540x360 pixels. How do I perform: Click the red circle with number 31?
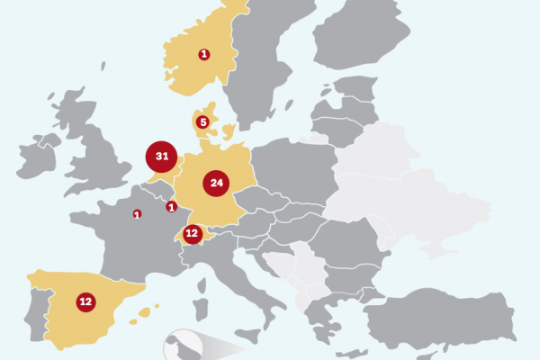(x=162, y=157)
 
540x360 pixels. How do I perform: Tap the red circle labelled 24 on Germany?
(x=216, y=183)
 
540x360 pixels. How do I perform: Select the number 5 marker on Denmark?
(x=203, y=122)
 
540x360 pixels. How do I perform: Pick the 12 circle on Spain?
(x=85, y=302)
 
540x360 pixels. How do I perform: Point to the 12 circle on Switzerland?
(x=192, y=234)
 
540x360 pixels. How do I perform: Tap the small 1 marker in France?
(x=137, y=213)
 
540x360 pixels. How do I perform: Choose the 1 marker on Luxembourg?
(x=171, y=207)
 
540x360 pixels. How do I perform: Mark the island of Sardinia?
(x=201, y=299)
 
